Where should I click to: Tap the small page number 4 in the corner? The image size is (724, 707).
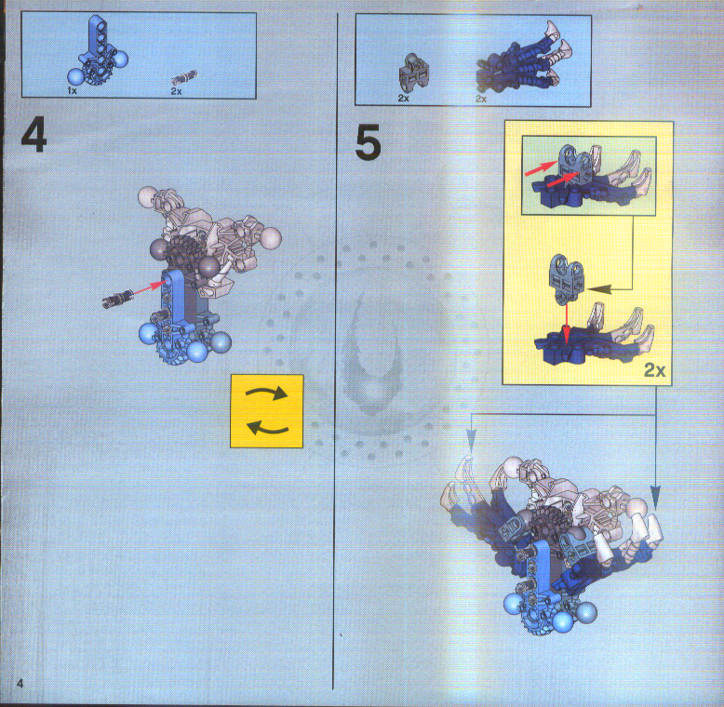pyautogui.click(x=19, y=685)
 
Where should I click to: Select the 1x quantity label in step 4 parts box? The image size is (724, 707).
pyautogui.click(x=73, y=92)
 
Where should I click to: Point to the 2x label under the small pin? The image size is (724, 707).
pyautogui.click(x=176, y=92)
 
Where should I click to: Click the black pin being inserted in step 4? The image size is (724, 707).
pyautogui.click(x=118, y=300)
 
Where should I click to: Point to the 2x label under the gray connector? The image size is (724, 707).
pyautogui.click(x=404, y=98)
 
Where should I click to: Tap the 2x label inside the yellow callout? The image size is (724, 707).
pyautogui.click(x=655, y=370)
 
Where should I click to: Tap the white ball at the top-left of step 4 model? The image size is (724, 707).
pyautogui.click(x=147, y=197)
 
